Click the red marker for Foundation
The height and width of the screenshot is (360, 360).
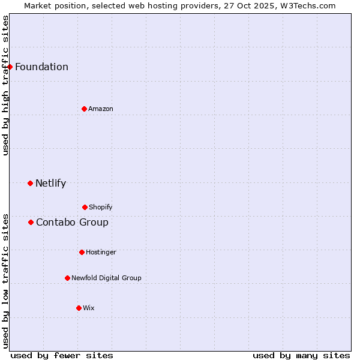[10, 67]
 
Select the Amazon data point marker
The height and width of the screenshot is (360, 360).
[84, 109]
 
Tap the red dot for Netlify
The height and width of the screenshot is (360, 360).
[30, 183]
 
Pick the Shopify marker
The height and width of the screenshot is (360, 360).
[85, 207]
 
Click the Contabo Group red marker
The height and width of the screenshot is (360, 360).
[31, 222]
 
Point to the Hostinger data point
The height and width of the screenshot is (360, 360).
[82, 252]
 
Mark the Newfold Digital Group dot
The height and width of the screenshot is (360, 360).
[67, 278]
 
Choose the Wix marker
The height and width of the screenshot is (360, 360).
[79, 308]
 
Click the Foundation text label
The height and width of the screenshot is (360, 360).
[41, 67]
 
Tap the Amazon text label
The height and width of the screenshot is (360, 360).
[101, 109]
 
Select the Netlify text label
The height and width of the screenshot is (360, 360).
[50, 183]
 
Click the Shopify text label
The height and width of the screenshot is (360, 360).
[101, 207]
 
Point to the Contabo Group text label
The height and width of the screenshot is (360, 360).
[72, 222]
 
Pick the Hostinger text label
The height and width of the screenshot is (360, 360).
[101, 252]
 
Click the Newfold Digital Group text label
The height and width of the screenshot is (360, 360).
[106, 278]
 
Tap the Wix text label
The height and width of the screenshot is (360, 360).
[89, 308]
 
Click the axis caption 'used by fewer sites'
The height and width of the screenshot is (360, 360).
[62, 355]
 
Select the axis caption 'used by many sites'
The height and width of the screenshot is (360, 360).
[301, 355]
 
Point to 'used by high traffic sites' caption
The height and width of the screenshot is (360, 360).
[5, 85]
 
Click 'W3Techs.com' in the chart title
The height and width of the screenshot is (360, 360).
[306, 5]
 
